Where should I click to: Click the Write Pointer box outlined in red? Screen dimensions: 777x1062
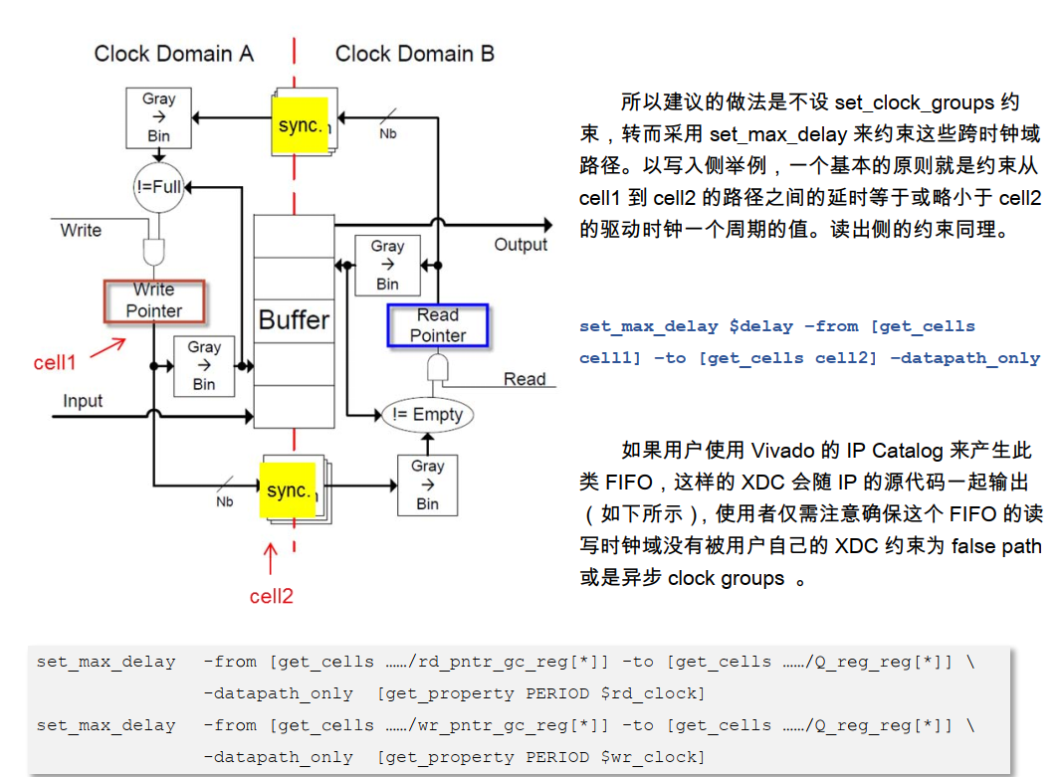tap(154, 300)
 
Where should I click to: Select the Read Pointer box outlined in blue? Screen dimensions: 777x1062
tap(438, 325)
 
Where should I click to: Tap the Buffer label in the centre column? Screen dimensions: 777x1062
tap(294, 320)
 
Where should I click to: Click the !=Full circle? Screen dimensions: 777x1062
tap(158, 186)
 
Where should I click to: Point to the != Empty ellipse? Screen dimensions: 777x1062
tap(428, 415)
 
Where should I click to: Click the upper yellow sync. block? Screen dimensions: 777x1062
tap(300, 125)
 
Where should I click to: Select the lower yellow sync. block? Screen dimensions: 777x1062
tap(289, 490)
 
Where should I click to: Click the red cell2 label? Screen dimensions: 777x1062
tap(271, 596)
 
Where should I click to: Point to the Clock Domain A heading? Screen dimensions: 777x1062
tap(173, 54)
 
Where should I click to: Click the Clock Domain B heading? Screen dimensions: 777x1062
tap(414, 54)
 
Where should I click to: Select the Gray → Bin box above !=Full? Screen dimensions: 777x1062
tap(158, 116)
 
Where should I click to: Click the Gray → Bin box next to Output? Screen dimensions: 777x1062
tap(387, 265)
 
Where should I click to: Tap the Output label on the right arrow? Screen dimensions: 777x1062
tap(521, 245)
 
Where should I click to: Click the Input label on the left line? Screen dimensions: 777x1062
tap(83, 401)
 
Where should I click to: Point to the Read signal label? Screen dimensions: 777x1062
tap(525, 379)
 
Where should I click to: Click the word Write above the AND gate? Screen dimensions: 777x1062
tap(81, 230)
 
